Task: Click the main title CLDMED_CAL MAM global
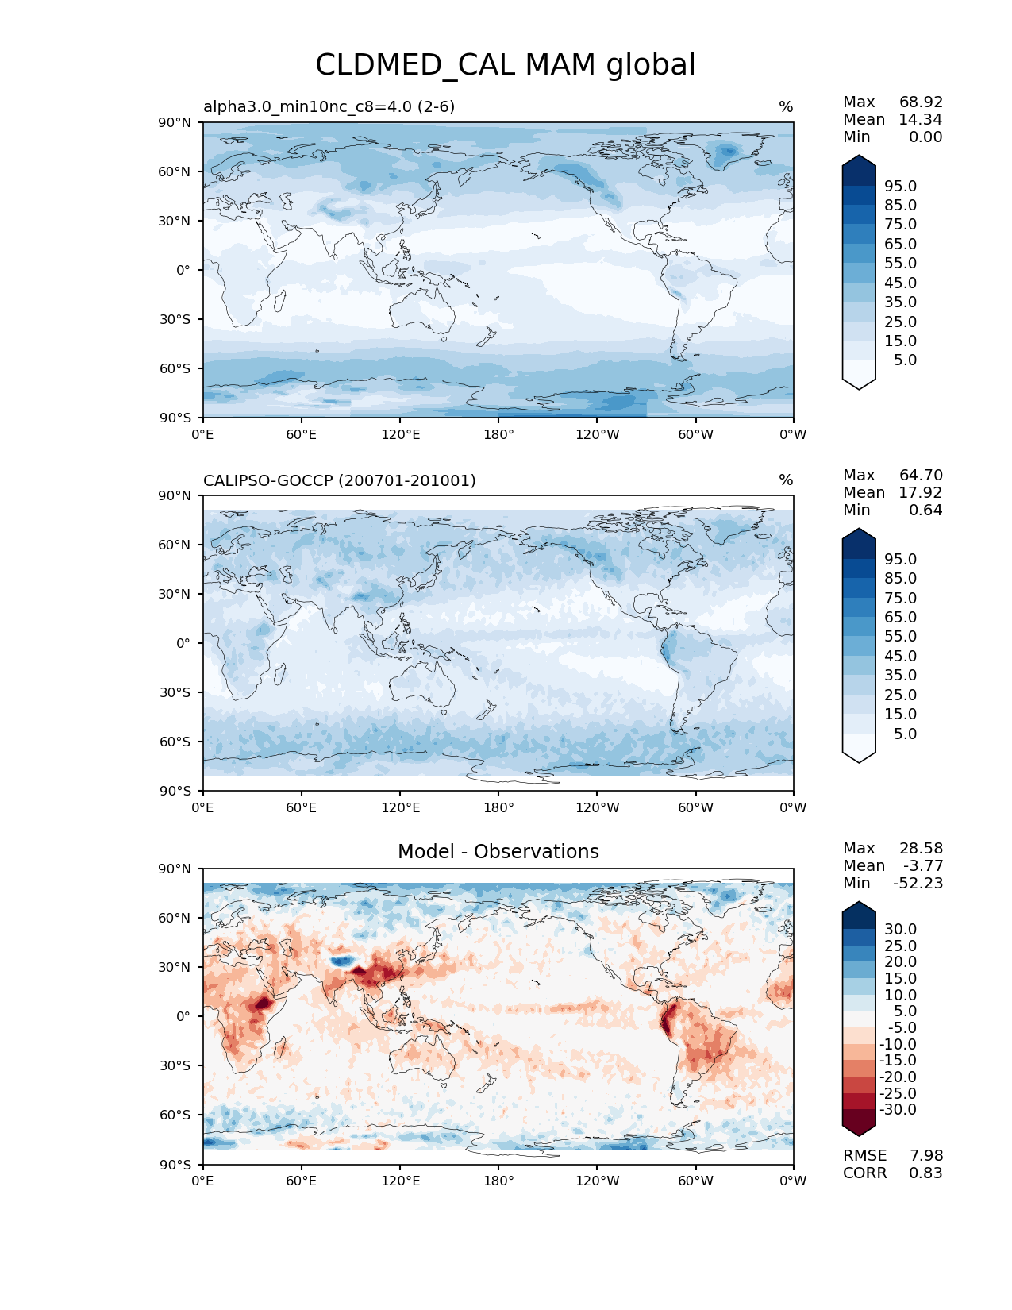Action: (x=506, y=65)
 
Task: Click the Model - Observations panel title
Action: (x=498, y=852)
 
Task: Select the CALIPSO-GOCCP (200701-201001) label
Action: (x=340, y=480)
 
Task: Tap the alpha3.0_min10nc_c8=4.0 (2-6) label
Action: (x=329, y=106)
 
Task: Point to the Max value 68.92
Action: (x=921, y=102)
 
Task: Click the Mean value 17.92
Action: (x=920, y=492)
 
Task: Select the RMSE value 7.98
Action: (x=925, y=1155)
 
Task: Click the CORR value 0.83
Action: (x=925, y=1173)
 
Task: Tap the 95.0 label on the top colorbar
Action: (x=900, y=186)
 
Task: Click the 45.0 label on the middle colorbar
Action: (x=900, y=656)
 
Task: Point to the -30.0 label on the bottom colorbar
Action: (x=898, y=1109)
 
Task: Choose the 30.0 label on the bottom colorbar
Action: (x=900, y=929)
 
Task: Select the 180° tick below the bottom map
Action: (x=498, y=1181)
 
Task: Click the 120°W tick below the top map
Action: (x=598, y=434)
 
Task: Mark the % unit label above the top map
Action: (x=786, y=106)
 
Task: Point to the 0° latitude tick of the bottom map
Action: (x=183, y=1016)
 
